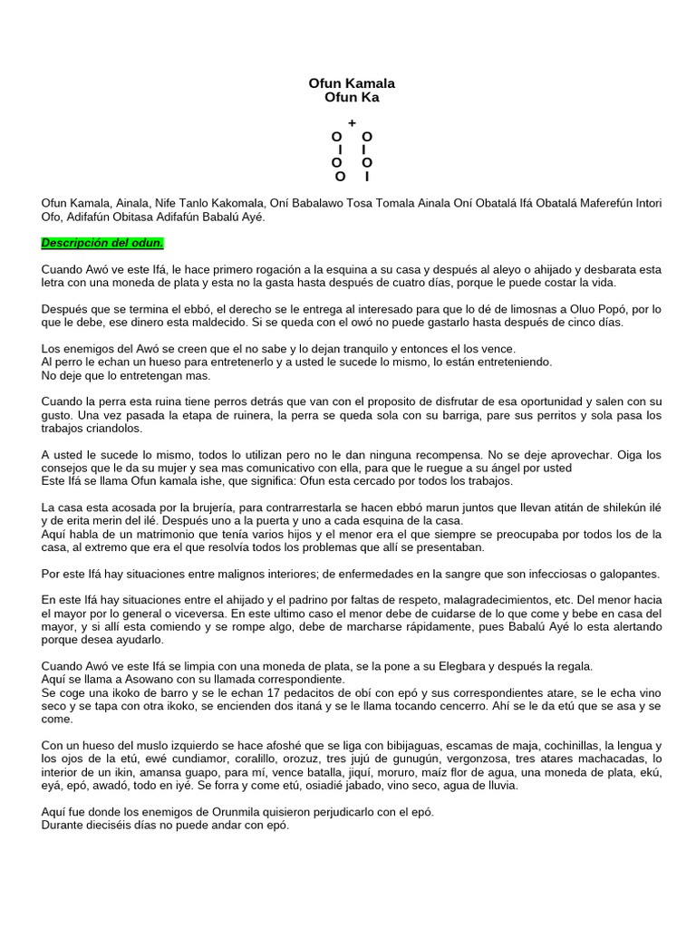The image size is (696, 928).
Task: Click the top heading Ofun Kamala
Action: coord(352,83)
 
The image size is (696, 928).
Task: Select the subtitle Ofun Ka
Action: coord(352,97)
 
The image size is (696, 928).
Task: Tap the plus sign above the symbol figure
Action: coord(352,122)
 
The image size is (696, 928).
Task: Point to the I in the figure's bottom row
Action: coord(366,176)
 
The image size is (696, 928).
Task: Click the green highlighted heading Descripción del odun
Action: coord(102,244)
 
